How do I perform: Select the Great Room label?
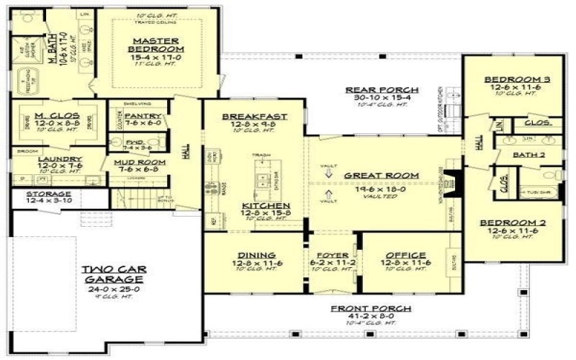click(372, 175)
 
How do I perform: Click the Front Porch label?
click(371, 308)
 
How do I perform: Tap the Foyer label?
click(332, 255)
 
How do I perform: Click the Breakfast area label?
click(255, 116)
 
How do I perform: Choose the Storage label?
click(49, 194)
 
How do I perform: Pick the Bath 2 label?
click(528, 155)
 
